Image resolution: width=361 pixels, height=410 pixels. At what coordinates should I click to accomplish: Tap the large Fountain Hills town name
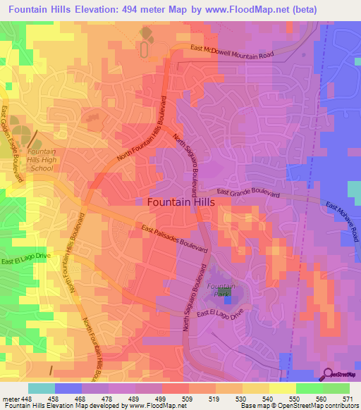[180, 201]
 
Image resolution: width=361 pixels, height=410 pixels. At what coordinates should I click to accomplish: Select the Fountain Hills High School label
[41, 160]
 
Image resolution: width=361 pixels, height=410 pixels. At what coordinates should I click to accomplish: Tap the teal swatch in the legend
[41, 388]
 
